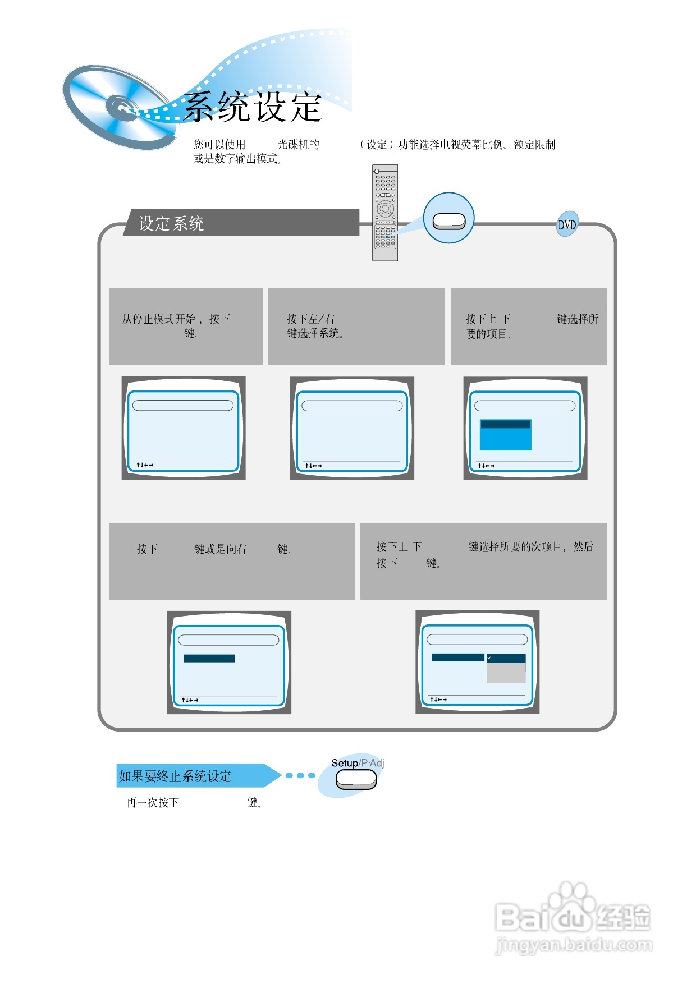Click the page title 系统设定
pos(253,107)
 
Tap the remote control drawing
pos(385,213)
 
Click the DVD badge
pos(567,224)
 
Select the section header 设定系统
pos(171,223)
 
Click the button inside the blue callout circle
pos(448,222)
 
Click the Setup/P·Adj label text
pos(358,763)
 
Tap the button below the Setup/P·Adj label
pos(356,779)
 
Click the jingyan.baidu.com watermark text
pos(574,945)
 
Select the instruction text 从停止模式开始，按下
pos(176,319)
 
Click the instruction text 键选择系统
pos(314,333)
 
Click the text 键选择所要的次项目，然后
pos(530,546)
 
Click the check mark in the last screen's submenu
pos(489,657)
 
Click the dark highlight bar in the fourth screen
pos(209,658)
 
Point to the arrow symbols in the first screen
pos(144,465)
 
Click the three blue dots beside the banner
pos(300,775)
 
